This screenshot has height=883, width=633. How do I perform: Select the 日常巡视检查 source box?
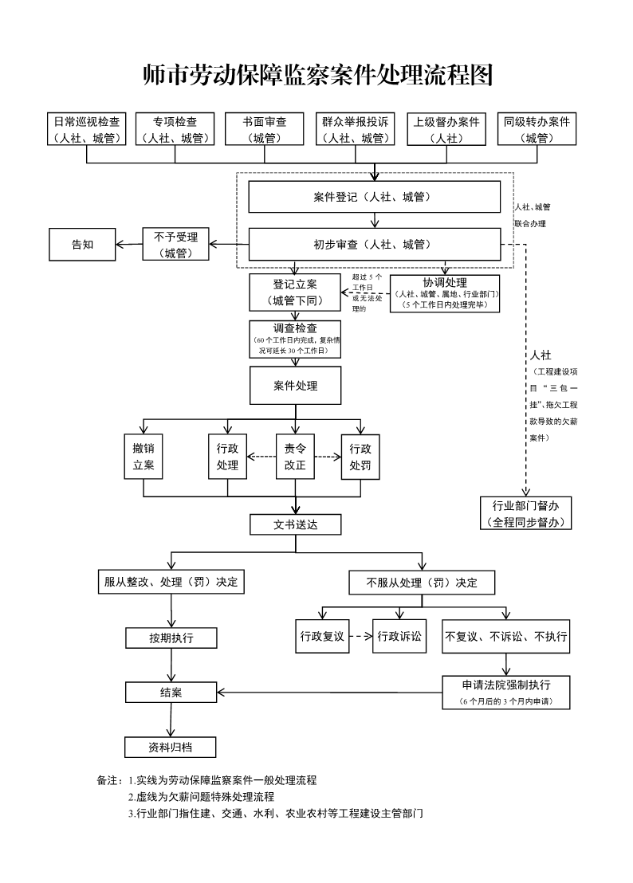[x=86, y=129]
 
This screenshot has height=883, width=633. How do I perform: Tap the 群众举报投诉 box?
[x=356, y=129]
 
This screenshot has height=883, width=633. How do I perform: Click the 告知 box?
[x=83, y=245]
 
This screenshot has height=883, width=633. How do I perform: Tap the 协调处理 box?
[x=445, y=292]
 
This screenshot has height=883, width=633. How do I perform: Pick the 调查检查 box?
[x=296, y=339]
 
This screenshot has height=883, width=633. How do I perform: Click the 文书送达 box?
[x=296, y=524]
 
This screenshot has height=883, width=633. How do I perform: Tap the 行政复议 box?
[x=322, y=636]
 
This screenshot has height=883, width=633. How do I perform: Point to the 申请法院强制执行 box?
[x=505, y=692]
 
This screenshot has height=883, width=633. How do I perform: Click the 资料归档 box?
[x=171, y=747]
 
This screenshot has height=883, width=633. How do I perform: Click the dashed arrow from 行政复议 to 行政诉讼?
[x=361, y=636]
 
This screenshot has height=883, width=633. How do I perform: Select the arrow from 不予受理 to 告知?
[x=129, y=245]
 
